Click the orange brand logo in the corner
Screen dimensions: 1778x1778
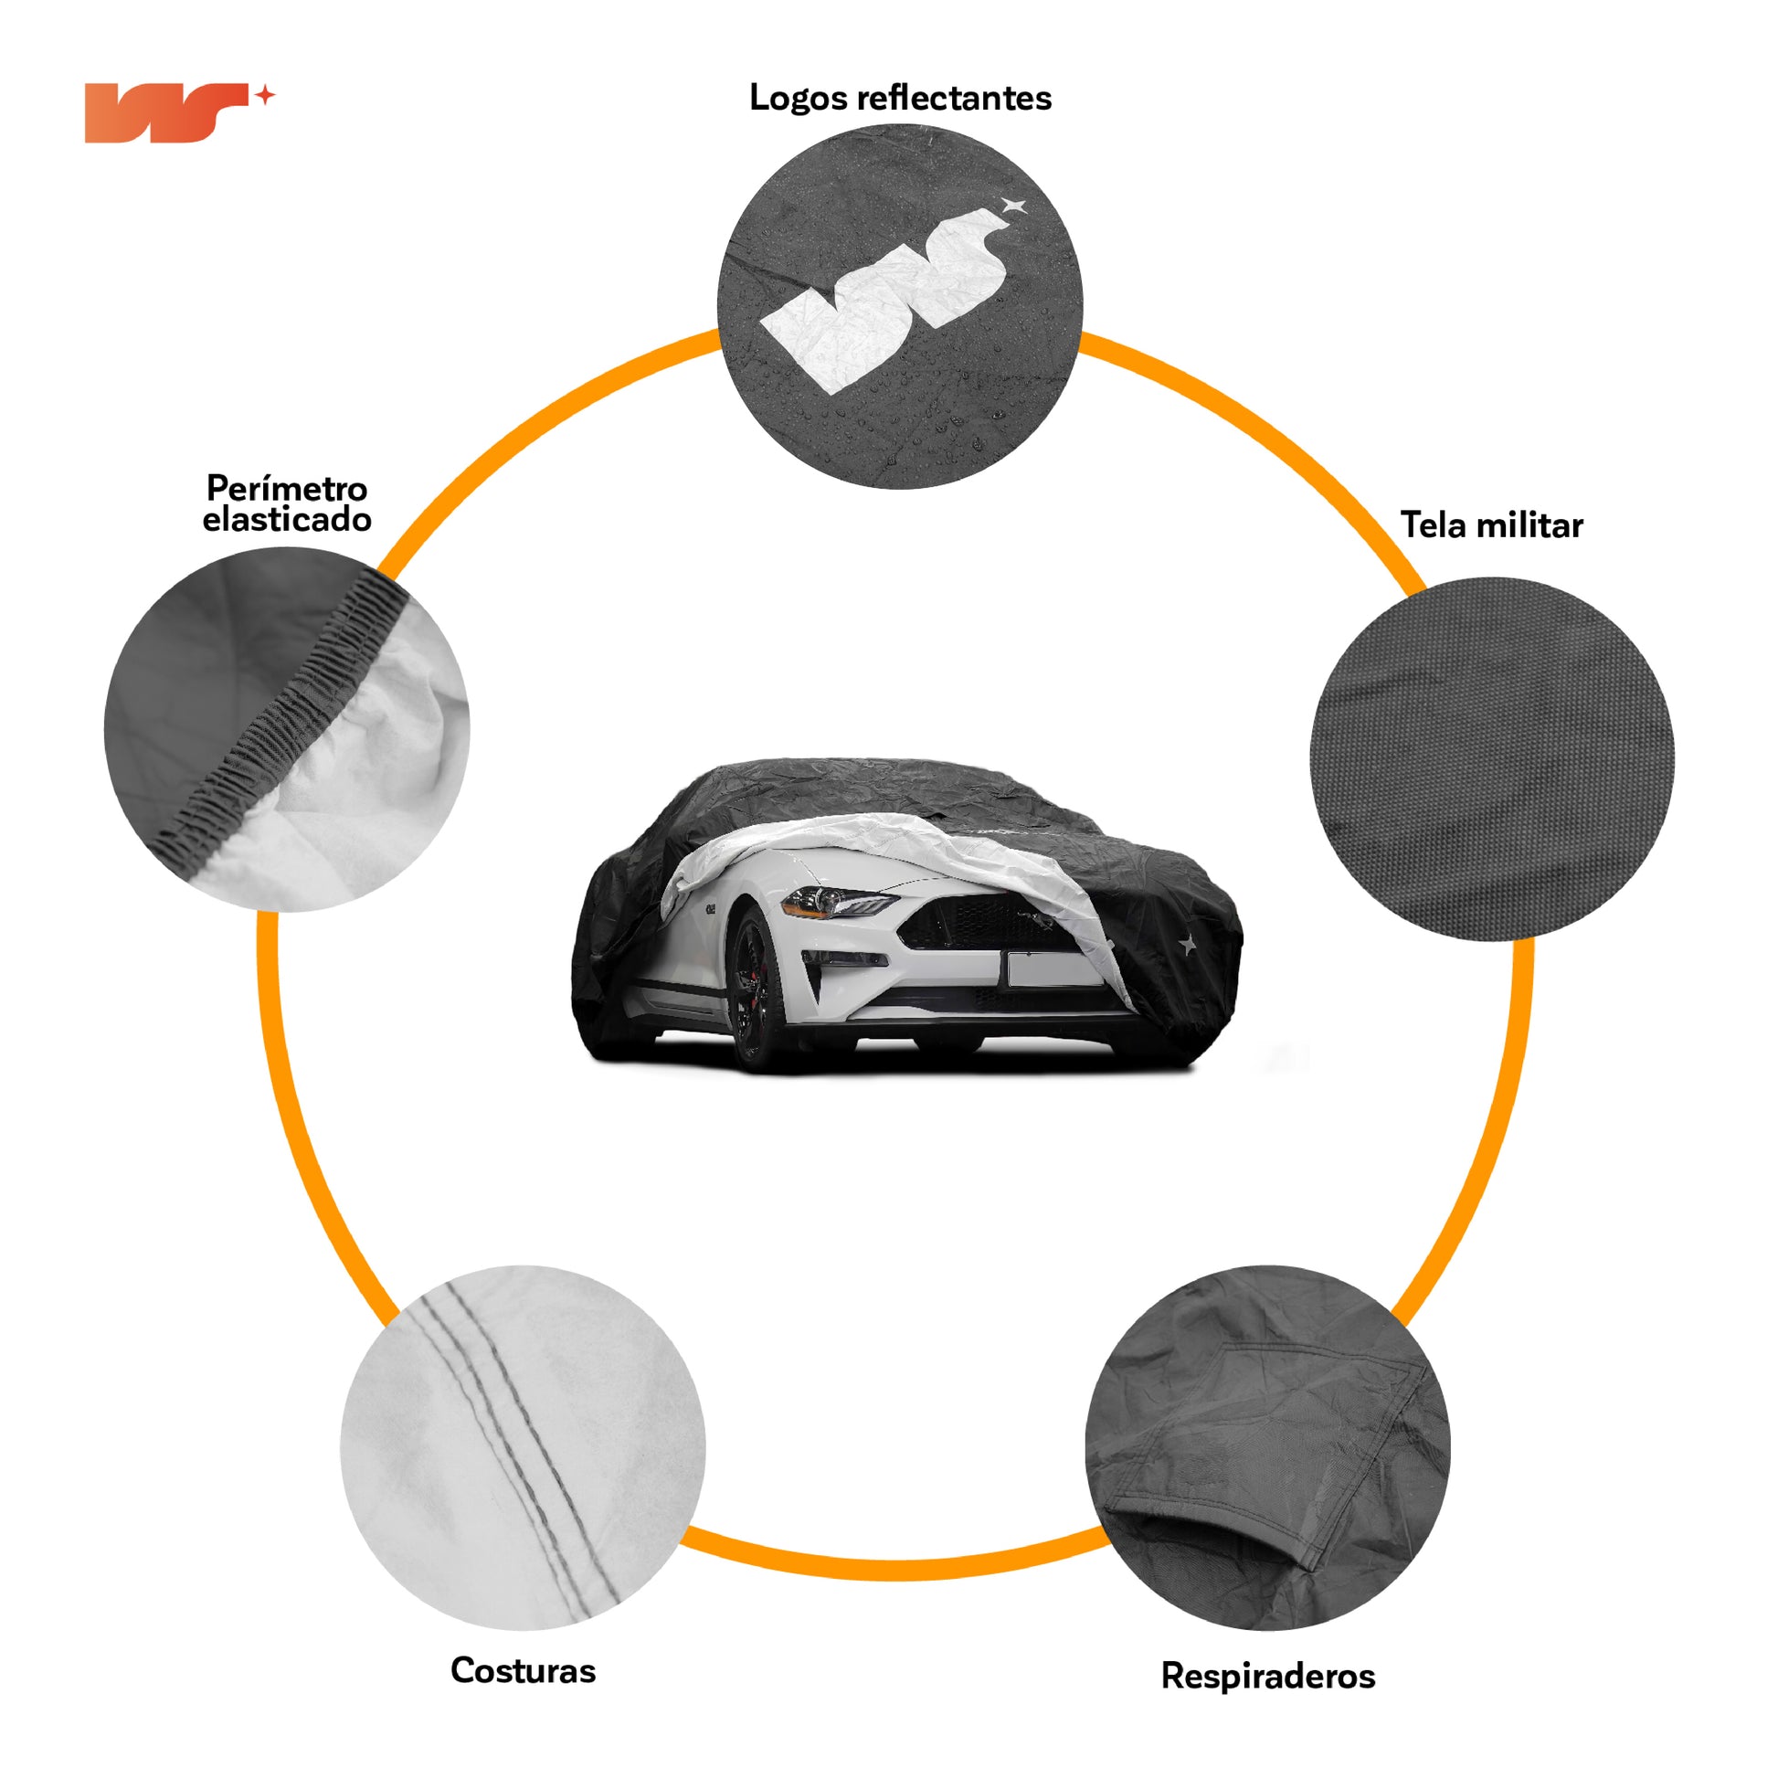[x=165, y=113]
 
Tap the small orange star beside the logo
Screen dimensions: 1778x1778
[x=265, y=96]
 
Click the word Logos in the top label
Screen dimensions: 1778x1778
[x=798, y=98]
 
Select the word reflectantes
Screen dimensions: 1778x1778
[x=954, y=98]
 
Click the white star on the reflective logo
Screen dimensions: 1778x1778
[x=1013, y=206]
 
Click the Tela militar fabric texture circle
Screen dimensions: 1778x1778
[x=1492, y=759]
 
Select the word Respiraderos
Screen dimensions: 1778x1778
[x=1267, y=1676]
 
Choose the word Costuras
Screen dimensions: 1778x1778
[x=523, y=1670]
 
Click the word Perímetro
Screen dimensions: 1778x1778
[x=286, y=488]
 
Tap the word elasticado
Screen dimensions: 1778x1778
[x=286, y=520]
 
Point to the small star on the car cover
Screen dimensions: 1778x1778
[x=1188, y=943]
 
